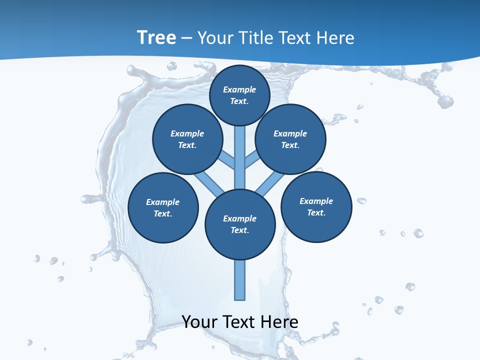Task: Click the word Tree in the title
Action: pos(156,37)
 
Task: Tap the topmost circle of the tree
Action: pos(239,95)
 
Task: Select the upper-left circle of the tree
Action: pos(187,139)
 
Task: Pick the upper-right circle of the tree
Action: pos(290,139)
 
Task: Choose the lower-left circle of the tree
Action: pos(163,208)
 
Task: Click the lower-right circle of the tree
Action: pos(316,207)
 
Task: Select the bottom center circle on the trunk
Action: pos(240,224)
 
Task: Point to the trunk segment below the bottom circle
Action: pos(240,280)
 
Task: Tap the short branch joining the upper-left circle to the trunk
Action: pos(227,160)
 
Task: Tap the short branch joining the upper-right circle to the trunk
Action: pos(252,159)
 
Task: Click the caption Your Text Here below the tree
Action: pos(240,322)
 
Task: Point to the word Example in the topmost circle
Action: pos(239,89)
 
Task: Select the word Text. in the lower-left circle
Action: pos(163,214)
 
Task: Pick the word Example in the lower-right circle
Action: pos(316,201)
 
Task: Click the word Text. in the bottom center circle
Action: pos(240,230)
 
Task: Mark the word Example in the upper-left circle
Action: pos(187,133)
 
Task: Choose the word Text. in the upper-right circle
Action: pos(290,145)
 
